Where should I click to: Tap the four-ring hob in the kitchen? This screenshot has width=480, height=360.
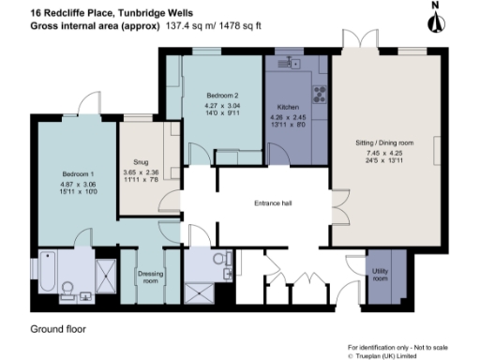coord(316,94)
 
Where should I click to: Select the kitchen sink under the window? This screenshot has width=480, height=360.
coord(292,64)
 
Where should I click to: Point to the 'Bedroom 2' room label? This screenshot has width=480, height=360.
coord(223,96)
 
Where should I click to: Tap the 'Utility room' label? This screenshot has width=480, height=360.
coord(381,274)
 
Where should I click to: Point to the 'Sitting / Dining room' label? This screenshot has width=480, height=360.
coord(383,142)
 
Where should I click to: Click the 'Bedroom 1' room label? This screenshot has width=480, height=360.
coord(79,174)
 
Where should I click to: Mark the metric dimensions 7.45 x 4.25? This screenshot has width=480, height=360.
coord(383,152)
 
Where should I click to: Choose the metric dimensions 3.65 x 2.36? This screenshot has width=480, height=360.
coord(142,172)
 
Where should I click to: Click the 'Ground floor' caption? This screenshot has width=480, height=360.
coord(60,329)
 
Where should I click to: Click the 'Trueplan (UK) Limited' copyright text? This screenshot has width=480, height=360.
coord(395,355)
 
